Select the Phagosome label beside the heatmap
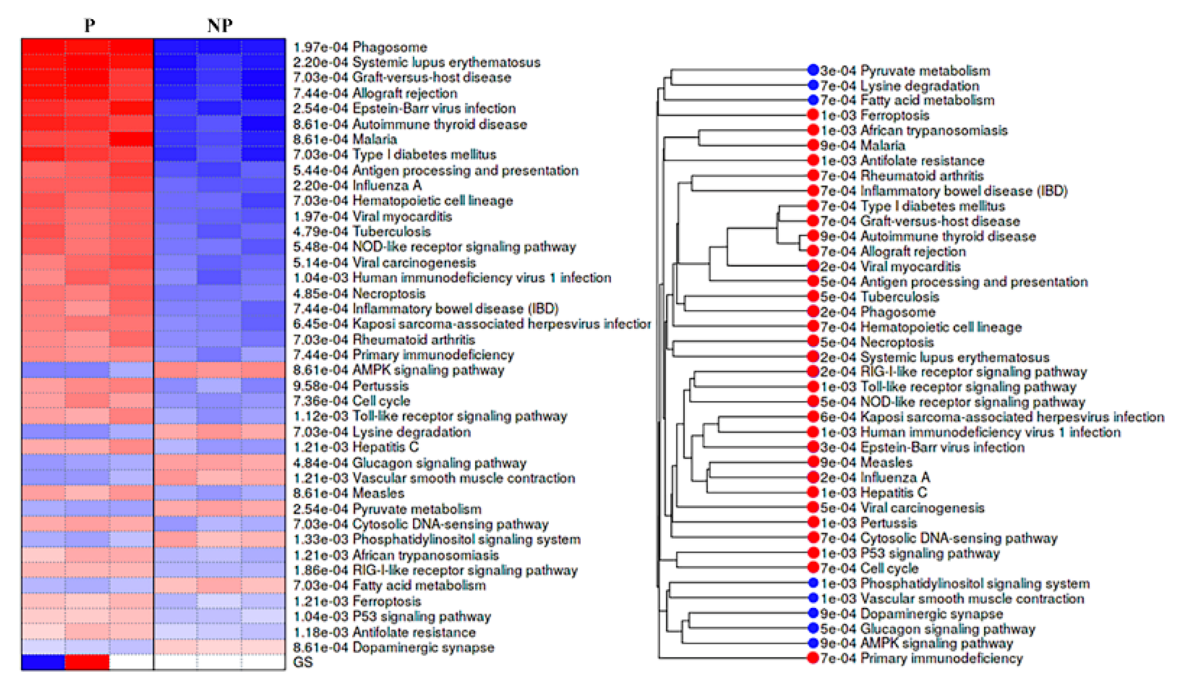(x=390, y=47)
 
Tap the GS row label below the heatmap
(x=302, y=662)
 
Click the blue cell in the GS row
(x=43, y=662)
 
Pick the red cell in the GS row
(x=87, y=662)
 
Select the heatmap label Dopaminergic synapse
(x=423, y=647)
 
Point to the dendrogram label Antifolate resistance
(x=922, y=160)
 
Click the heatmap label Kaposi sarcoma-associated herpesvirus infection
(x=501, y=324)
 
